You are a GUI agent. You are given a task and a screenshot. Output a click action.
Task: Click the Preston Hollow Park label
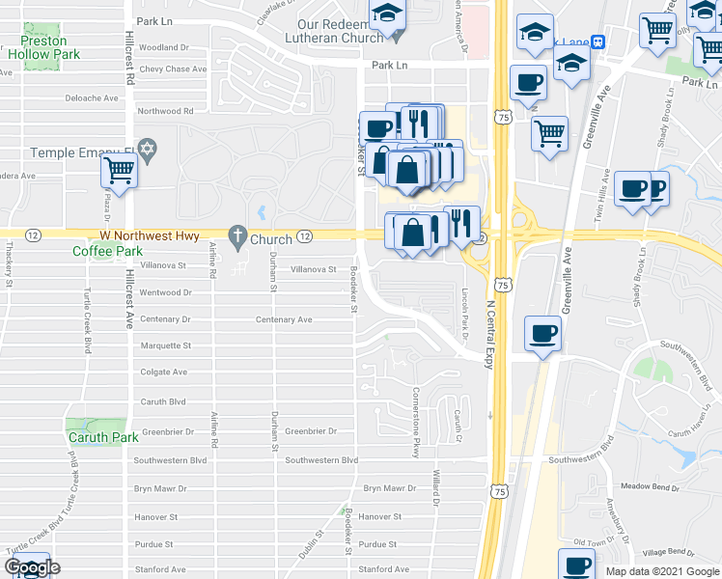point(43,47)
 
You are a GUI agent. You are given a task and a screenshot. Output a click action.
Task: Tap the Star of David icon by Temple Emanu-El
point(147,150)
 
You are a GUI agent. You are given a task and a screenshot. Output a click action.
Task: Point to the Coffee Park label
point(107,251)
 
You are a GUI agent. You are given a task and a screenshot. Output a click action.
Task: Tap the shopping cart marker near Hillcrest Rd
point(119,171)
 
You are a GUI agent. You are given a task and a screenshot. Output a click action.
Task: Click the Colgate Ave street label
point(164,372)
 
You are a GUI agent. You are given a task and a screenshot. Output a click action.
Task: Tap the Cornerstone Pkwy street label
point(416,422)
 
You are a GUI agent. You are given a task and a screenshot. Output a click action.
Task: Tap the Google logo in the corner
point(32,567)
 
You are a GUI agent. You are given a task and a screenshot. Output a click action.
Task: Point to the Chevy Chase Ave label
point(173,69)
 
